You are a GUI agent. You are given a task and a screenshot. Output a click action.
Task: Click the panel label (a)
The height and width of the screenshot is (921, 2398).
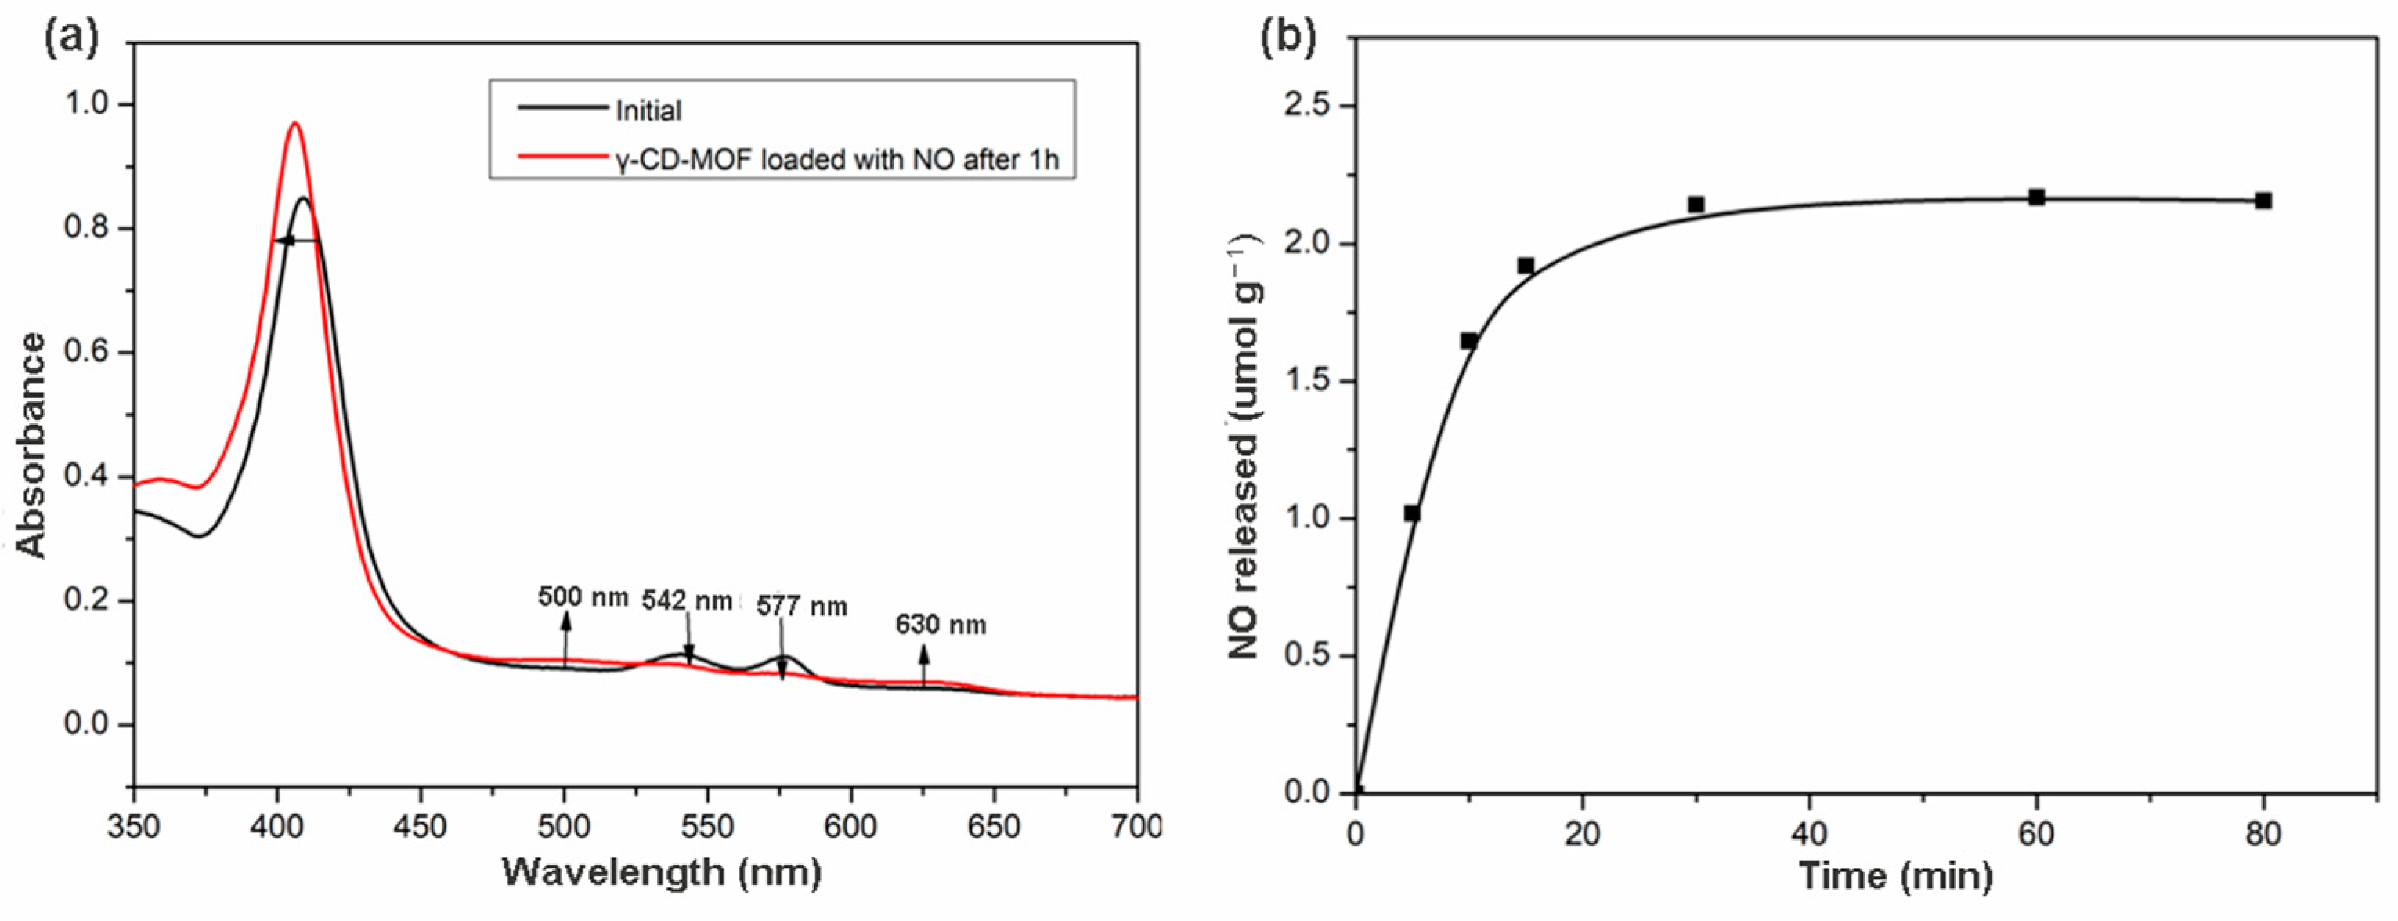pos(70,38)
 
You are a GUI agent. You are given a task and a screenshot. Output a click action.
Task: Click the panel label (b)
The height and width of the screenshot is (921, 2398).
pos(1287,38)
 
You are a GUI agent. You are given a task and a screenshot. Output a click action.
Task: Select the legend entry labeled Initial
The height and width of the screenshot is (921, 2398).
pos(648,111)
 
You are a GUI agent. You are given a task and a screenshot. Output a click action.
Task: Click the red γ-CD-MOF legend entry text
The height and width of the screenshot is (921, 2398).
pos(836,160)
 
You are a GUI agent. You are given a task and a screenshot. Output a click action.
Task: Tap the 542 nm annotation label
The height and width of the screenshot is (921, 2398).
pos(687,601)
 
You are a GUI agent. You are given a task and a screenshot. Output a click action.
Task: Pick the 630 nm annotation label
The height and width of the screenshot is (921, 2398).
pos(941,625)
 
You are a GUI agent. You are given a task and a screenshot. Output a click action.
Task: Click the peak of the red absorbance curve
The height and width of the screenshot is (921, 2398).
pos(295,124)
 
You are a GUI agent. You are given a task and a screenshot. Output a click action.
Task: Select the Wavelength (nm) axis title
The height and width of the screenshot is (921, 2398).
pos(662,872)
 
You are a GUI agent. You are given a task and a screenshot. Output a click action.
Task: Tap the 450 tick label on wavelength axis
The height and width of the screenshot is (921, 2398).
pos(420,826)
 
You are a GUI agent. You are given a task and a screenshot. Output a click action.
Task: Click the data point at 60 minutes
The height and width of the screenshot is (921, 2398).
pos(2036,197)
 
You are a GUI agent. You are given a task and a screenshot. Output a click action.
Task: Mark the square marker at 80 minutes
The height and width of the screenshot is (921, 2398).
pos(2263,200)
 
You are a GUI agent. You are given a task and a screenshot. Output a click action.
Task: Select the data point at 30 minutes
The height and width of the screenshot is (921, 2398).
pos(1696,204)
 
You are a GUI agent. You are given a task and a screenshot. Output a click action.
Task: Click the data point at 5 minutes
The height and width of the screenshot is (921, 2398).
pos(1411,513)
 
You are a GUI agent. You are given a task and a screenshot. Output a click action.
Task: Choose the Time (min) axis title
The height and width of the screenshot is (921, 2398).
pos(1895,876)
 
